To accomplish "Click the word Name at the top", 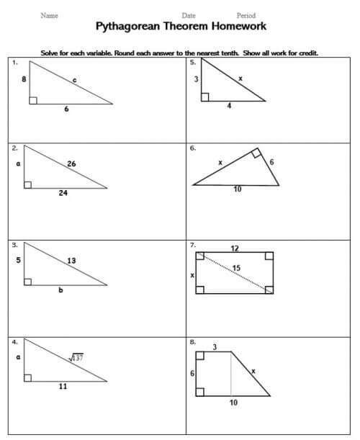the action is coord(50,15).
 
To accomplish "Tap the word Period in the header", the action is coord(247,15).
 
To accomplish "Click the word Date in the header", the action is coord(189,15).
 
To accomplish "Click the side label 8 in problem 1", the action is coord(24,79).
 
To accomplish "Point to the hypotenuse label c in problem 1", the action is coord(75,81).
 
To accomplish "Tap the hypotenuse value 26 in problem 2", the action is coord(71,163).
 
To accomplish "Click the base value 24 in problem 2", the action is coord(63,193).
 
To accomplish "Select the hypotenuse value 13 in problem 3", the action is coord(71,260).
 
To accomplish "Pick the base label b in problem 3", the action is coord(60,289).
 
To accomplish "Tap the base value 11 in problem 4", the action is coord(63,387).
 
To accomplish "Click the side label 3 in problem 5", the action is coord(196,79).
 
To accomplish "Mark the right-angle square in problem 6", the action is coord(256,153).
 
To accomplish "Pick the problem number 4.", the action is coord(14,341).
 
